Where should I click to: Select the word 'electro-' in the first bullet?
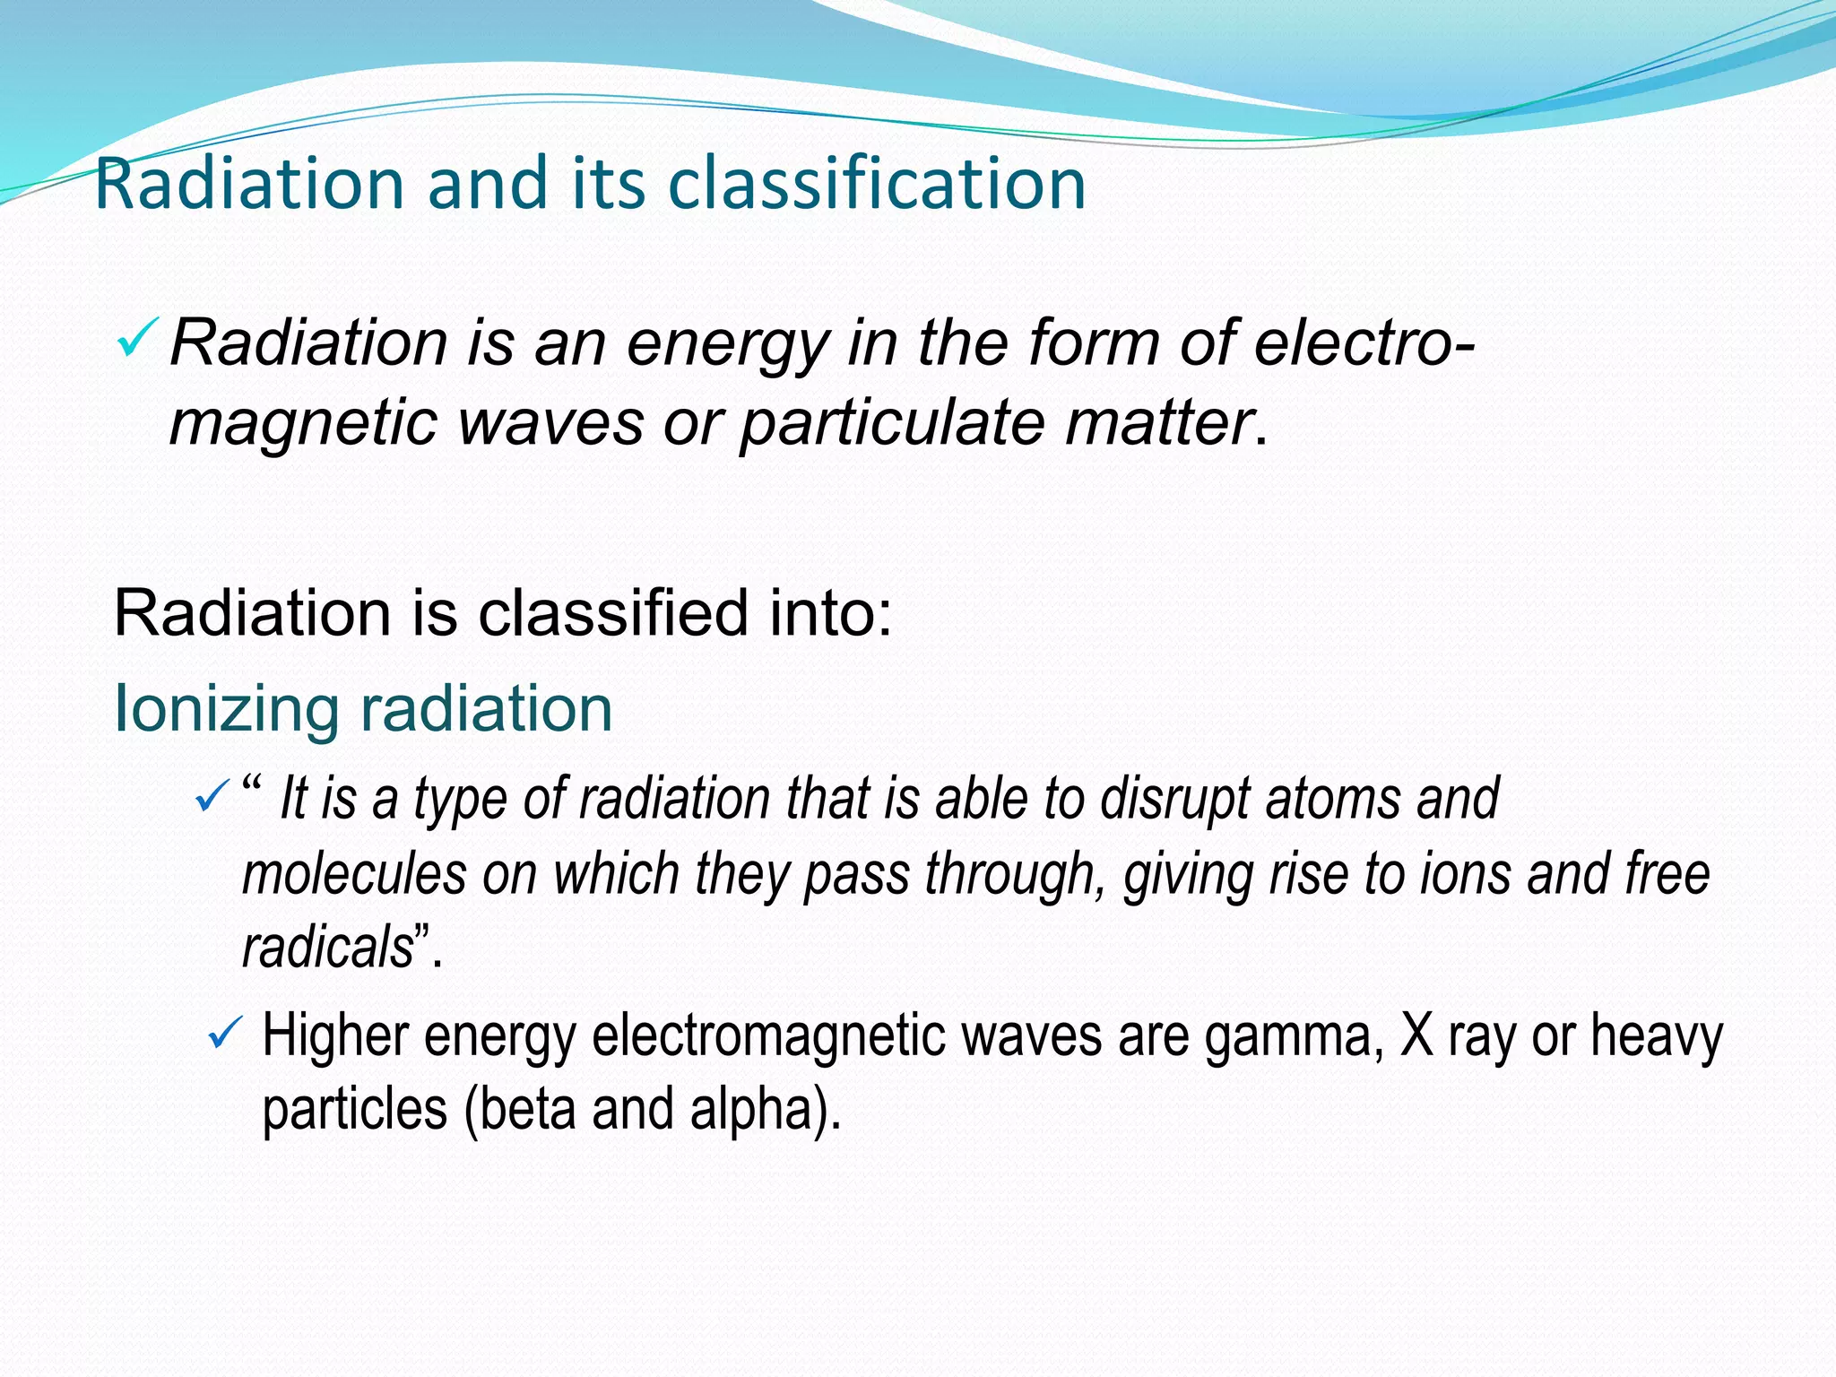pos(1364,342)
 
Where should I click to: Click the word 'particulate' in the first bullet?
pos(891,422)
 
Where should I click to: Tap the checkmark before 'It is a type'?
pos(212,794)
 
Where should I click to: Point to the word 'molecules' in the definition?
pos(355,874)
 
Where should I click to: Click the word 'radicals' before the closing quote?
pos(327,948)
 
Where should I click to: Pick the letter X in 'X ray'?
pos(1417,1035)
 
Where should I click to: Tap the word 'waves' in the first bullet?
pos(550,422)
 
